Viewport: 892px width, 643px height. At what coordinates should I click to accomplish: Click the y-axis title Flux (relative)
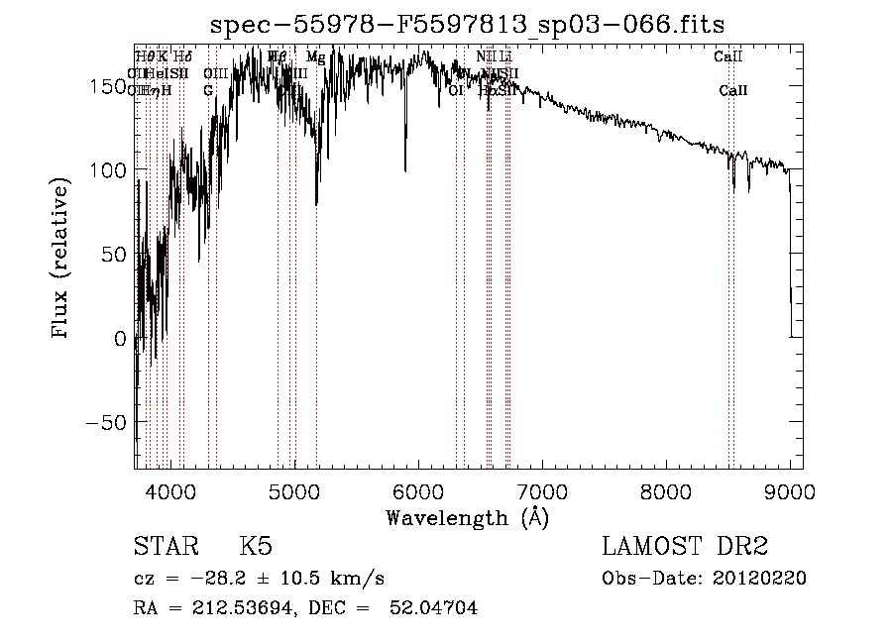coord(61,261)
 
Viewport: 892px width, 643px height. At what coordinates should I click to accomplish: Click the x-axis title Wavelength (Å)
coord(467,517)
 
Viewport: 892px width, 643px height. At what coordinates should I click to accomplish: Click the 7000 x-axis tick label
coord(542,489)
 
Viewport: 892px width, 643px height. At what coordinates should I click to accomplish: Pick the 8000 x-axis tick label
coord(666,489)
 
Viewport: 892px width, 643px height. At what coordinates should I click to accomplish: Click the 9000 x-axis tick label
coord(790,489)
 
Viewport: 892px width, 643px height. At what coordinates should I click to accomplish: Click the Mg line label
coord(315,57)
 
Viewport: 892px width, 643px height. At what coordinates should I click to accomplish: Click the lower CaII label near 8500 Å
coord(733,91)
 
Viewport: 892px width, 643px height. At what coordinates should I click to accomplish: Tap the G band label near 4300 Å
coord(208,91)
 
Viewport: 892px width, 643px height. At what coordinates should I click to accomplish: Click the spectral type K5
coord(256,547)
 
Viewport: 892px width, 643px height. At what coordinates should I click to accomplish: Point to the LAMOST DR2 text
coord(685,547)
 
